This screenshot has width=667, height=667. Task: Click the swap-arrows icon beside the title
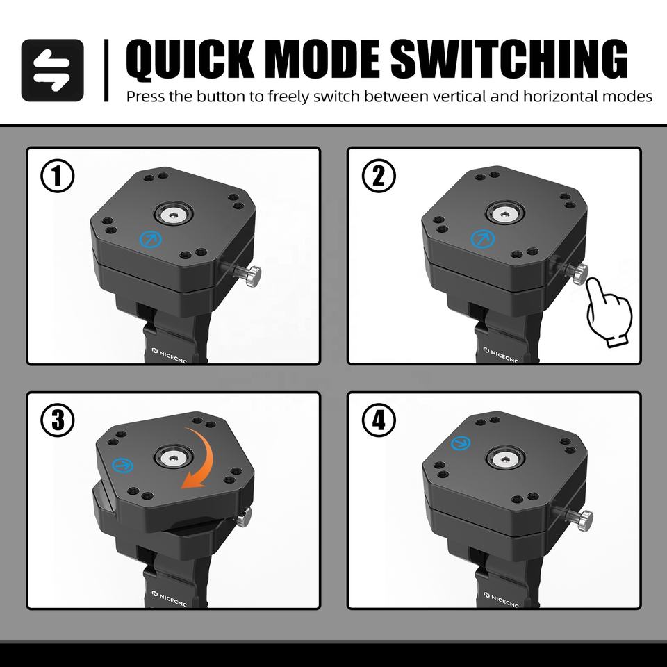(x=52, y=70)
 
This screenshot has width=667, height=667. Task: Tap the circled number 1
(x=58, y=176)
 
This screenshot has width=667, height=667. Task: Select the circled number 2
(x=379, y=176)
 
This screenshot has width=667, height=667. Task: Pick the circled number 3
(x=58, y=420)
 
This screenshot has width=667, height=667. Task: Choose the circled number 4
(x=379, y=420)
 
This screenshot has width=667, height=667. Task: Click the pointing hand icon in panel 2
(x=608, y=313)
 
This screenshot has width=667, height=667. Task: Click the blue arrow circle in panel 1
(x=151, y=239)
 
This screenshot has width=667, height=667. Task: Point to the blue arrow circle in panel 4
(x=461, y=444)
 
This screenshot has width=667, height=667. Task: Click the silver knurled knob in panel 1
(x=254, y=276)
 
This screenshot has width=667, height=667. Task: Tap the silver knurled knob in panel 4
(x=585, y=520)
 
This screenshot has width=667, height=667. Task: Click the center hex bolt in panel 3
(x=174, y=458)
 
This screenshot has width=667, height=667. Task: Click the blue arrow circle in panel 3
(x=122, y=466)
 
